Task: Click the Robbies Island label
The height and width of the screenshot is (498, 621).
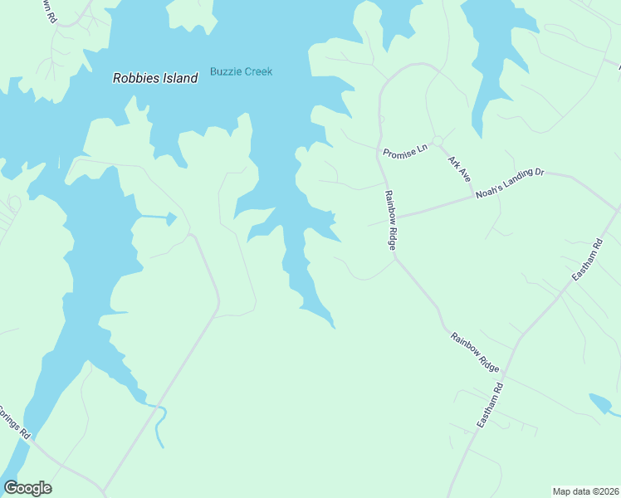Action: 155,78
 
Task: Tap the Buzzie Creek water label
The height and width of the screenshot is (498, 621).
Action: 241,71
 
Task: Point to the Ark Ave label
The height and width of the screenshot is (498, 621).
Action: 459,168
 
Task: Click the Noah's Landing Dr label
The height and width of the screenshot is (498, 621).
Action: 511,182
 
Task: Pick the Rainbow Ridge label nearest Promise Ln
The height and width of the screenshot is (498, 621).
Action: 390,220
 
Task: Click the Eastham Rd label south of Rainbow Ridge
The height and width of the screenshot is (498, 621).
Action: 491,406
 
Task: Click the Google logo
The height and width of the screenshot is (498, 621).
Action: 27,488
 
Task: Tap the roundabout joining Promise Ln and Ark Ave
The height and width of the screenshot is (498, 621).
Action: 437,141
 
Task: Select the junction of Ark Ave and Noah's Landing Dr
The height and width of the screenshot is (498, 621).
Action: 475,197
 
